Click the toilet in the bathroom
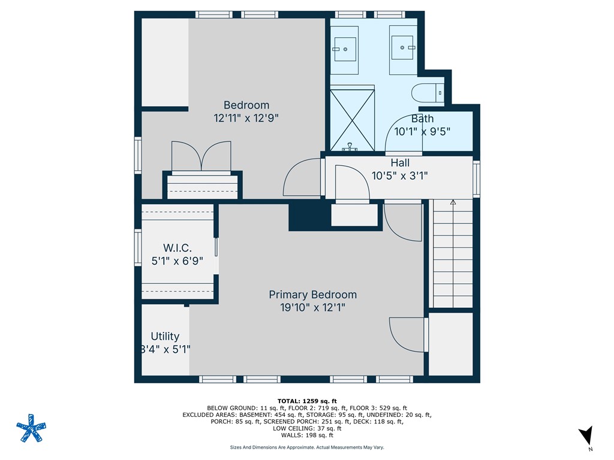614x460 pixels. (427, 93)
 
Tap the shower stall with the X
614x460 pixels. (352, 120)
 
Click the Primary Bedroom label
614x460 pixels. (312, 295)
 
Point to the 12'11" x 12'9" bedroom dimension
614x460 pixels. (246, 118)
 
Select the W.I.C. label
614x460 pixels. (177, 247)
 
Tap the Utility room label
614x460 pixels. (165, 337)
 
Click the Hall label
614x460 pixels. (400, 163)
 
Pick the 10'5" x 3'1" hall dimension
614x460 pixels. (399, 175)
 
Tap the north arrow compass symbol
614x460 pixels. (586, 436)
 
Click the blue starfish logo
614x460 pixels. (31, 428)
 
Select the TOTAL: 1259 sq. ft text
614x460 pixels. (307, 401)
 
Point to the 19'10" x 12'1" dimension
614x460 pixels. (312, 307)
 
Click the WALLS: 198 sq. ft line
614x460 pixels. (307, 435)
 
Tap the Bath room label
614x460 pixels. (422, 119)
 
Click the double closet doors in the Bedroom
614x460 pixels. (201, 156)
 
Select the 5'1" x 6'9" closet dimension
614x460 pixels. (177, 261)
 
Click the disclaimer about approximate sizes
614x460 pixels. (307, 447)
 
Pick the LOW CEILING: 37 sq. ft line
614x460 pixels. (307, 428)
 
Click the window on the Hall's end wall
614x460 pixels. (477, 178)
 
